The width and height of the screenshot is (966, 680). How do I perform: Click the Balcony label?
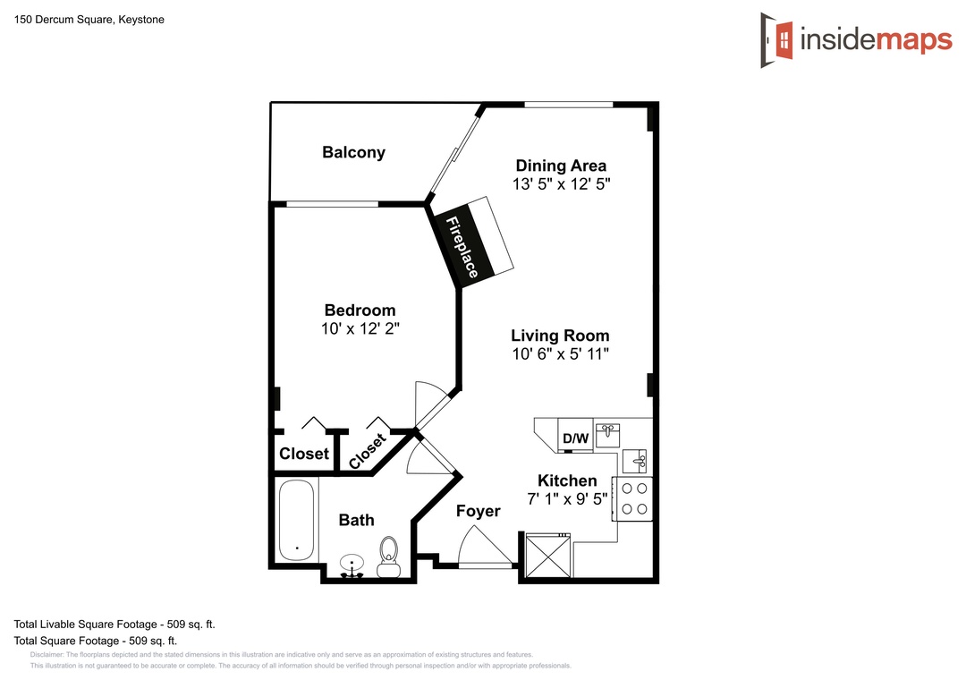(x=353, y=152)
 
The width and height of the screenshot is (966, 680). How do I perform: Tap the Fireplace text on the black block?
(x=462, y=247)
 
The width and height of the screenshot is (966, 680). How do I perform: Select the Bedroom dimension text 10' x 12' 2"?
(x=360, y=328)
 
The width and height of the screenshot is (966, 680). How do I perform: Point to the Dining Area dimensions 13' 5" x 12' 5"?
(x=561, y=183)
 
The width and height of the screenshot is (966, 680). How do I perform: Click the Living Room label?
(x=560, y=336)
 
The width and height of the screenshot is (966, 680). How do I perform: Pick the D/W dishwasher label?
(x=576, y=438)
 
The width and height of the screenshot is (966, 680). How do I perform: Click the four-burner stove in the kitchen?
(x=632, y=498)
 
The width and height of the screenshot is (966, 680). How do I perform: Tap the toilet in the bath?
(x=388, y=557)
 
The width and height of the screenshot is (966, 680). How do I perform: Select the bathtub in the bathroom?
(x=296, y=520)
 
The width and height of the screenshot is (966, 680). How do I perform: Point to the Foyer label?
(x=478, y=511)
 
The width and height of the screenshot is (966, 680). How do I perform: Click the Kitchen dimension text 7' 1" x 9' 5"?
(x=567, y=498)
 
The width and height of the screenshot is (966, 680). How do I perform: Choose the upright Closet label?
(x=304, y=454)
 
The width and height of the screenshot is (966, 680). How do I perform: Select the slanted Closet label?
(x=368, y=451)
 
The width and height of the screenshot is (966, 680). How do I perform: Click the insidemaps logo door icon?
(x=777, y=40)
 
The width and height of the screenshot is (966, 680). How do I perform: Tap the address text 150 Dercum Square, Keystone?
(x=89, y=20)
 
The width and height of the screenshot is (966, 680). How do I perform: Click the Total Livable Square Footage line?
(x=114, y=625)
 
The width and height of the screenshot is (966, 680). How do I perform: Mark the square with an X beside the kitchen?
(x=547, y=555)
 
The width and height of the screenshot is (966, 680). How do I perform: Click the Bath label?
(x=357, y=521)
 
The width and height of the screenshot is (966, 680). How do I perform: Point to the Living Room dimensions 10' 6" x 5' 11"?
(x=561, y=354)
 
